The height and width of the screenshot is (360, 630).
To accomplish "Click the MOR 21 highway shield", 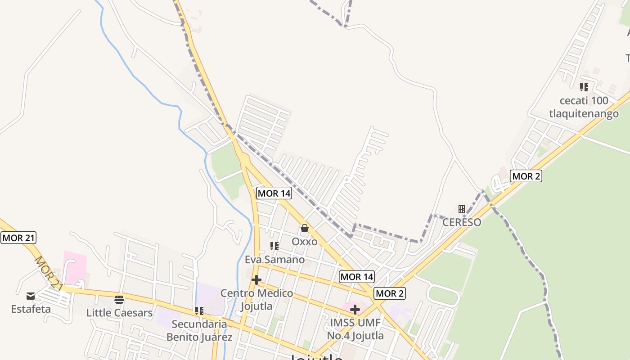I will click(x=18, y=238).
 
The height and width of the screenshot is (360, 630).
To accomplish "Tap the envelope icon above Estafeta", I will click(x=31, y=296).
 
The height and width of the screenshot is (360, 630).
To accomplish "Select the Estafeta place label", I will click(x=31, y=309).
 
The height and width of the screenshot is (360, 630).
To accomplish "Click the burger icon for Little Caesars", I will click(x=119, y=299).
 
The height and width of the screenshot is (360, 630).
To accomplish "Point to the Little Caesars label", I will click(x=119, y=313).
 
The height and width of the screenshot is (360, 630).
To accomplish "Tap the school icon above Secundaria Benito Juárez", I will click(x=199, y=310).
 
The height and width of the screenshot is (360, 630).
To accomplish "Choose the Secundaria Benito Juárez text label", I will click(x=199, y=330).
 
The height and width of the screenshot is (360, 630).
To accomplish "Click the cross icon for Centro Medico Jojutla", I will click(x=256, y=280).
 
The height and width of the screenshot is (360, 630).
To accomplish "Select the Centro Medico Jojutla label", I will click(x=256, y=300).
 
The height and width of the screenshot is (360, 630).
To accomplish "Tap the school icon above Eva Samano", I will click(x=274, y=246).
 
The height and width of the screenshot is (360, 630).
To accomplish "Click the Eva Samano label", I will click(x=274, y=260).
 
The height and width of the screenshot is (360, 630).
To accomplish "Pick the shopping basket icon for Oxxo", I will click(x=305, y=228).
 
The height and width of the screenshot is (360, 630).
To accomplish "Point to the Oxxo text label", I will click(x=305, y=242).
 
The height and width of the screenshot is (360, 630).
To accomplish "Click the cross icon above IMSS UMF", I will click(x=355, y=309).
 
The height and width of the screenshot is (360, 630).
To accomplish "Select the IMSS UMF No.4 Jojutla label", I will click(x=355, y=329).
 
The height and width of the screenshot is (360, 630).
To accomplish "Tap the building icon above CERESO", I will click(x=462, y=209).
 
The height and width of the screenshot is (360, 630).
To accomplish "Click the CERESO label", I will click(x=462, y=222).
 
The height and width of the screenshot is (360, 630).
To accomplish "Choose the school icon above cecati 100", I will click(x=584, y=87).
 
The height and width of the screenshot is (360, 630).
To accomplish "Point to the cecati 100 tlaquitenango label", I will click(x=584, y=107).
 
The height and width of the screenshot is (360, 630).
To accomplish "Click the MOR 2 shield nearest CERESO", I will click(x=526, y=176).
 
